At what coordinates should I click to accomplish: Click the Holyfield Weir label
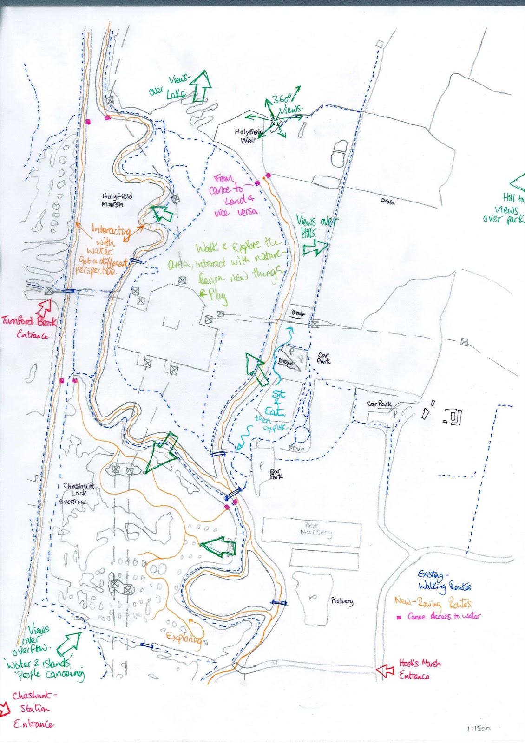(x=249, y=136)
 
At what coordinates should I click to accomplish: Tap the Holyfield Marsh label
(x=117, y=200)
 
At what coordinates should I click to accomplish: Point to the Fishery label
(x=342, y=601)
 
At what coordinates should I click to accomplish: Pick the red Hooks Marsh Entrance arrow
(x=385, y=670)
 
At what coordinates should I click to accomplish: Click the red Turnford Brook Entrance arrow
(x=45, y=306)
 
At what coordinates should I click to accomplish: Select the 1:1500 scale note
(x=477, y=729)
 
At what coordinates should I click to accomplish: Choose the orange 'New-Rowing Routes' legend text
(x=433, y=603)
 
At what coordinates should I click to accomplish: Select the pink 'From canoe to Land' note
(x=234, y=195)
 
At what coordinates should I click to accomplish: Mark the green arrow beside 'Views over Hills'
(x=315, y=247)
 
